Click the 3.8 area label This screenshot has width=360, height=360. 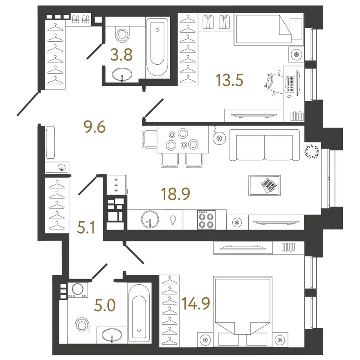click(122, 55)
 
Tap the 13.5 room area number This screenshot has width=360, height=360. click(229, 80)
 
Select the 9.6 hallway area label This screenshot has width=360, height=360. click(94, 127)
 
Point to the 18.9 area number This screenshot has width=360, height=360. click(175, 194)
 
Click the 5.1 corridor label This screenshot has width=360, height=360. click(86, 228)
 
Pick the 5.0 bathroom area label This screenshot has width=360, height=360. click(105, 306)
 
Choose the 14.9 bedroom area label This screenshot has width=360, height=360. click(196, 303)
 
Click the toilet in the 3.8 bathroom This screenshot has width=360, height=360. click(122, 34)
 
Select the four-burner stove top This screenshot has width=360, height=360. click(207, 220)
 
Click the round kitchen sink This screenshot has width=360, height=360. click(150, 220)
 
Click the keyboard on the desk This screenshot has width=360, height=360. click(290, 84)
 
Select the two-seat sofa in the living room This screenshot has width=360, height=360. click(264, 145)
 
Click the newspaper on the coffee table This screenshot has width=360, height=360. click(269, 184)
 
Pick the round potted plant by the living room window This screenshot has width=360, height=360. click(312, 151)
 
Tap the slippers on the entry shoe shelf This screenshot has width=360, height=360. click(80, 19)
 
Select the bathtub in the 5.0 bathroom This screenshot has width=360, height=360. click(139, 313)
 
